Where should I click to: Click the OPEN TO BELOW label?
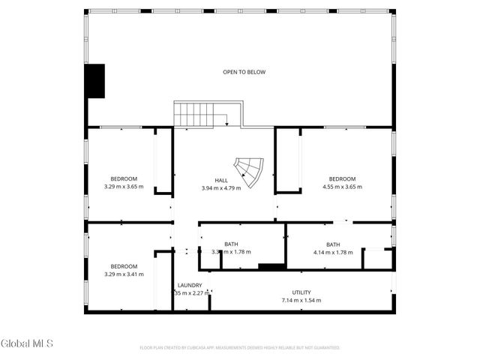244,72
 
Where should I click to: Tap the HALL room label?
221,180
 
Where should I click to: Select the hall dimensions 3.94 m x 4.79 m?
221,187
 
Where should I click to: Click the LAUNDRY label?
190,285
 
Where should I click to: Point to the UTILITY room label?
301,292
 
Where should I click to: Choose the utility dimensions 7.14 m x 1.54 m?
301,300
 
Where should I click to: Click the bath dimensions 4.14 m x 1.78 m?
332,252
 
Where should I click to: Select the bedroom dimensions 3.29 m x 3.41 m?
124,274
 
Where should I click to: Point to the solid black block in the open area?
94,81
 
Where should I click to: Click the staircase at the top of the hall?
196,115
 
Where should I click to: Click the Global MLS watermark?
27,343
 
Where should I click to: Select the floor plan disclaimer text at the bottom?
240,348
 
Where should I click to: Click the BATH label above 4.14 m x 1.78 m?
332,244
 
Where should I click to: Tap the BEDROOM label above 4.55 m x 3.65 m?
342,178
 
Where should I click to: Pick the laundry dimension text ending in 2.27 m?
190,292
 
